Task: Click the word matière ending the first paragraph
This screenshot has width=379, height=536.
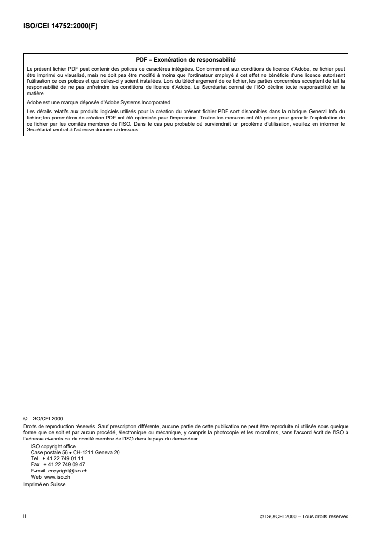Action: pos(34,95)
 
